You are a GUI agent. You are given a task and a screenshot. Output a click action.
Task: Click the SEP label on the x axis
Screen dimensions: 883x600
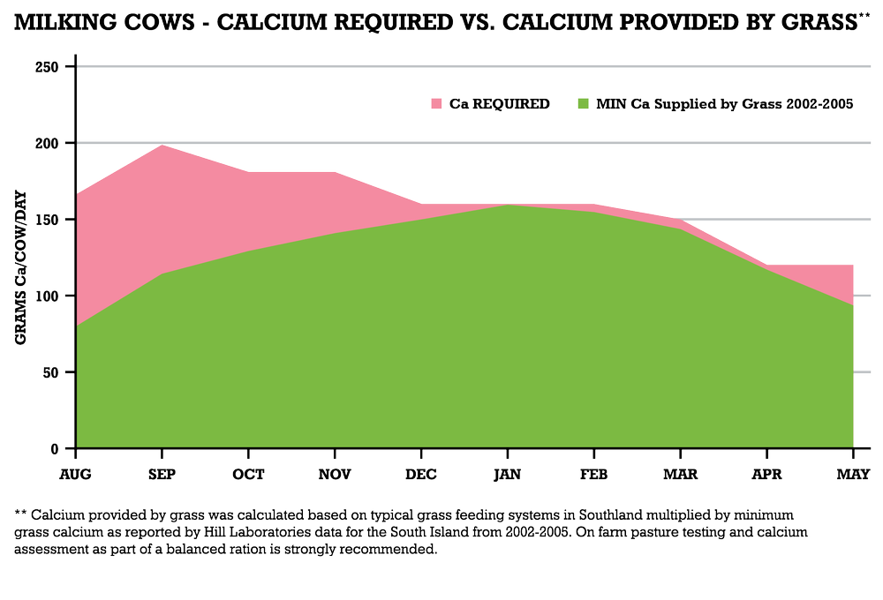[x=162, y=475]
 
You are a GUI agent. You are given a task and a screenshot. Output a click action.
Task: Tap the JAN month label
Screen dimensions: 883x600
[x=508, y=475]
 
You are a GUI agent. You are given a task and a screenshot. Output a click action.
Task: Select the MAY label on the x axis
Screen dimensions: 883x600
[x=853, y=475]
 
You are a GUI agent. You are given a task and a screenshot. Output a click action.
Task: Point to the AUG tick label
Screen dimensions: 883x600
[x=75, y=475]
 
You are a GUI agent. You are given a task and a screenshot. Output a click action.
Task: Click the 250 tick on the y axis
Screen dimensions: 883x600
[x=47, y=67]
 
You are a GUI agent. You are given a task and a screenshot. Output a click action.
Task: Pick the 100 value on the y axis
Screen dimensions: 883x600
[x=47, y=296]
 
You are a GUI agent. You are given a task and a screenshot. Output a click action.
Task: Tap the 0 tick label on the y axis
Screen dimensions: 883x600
[x=55, y=449]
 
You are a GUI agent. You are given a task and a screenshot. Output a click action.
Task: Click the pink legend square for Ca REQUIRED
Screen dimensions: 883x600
[x=436, y=104]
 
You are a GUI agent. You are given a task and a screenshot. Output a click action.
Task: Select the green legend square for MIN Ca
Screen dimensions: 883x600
[x=584, y=104]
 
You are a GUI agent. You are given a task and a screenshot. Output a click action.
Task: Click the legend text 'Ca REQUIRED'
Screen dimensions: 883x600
[x=500, y=104]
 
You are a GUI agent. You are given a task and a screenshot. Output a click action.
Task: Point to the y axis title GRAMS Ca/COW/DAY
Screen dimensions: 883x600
[x=21, y=268]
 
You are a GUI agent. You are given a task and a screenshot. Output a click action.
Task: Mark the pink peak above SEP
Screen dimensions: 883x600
[x=162, y=146]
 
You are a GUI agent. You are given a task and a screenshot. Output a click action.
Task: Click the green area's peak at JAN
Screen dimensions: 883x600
[x=508, y=205]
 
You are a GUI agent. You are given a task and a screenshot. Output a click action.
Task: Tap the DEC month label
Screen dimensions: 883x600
[x=421, y=475]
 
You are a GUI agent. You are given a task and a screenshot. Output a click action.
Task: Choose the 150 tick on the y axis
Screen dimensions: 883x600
[x=47, y=220]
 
